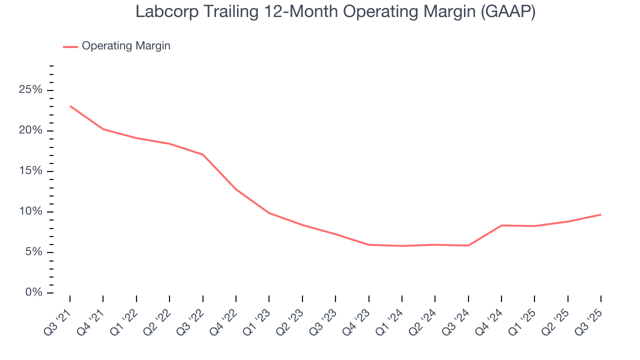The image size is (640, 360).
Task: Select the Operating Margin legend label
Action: [x=126, y=46]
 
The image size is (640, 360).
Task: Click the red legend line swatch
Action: [x=70, y=46]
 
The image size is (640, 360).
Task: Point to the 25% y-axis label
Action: [x=30, y=90]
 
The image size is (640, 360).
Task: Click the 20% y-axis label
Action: [x=30, y=131]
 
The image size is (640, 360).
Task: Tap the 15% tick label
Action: [x=30, y=171]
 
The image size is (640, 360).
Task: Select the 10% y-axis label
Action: [x=30, y=212]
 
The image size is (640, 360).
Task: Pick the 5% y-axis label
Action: [x=33, y=252]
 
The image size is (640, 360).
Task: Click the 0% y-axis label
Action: [x=33, y=292]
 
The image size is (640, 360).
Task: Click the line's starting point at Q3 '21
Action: [x=70, y=106]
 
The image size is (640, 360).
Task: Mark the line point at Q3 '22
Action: [x=202, y=154]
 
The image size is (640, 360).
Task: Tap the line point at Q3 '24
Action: [x=468, y=245]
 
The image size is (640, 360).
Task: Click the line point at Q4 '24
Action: [x=501, y=225]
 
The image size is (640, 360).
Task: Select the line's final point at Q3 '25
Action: [x=600, y=214]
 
